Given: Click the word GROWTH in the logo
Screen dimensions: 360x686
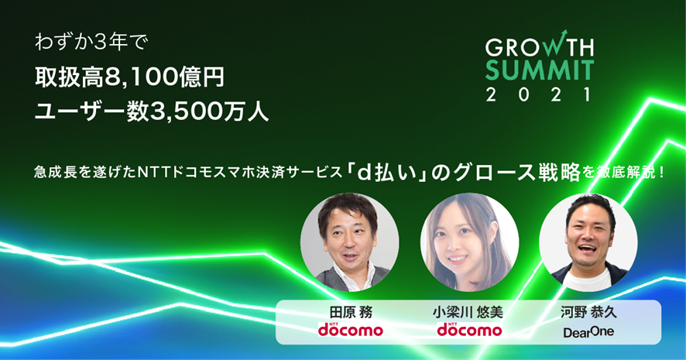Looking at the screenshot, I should tap(540, 48).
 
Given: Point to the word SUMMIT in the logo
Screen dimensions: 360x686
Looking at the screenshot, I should tap(540, 71).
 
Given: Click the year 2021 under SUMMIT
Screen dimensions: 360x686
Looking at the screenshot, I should tap(540, 94).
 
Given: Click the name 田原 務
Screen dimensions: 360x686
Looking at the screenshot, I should tap(351, 312).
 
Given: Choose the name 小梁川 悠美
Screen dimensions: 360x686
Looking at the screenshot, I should tap(469, 312).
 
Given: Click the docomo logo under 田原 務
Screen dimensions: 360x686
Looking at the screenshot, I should tap(351, 329).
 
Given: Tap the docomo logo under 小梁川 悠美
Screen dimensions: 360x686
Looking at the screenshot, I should tap(469, 329).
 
